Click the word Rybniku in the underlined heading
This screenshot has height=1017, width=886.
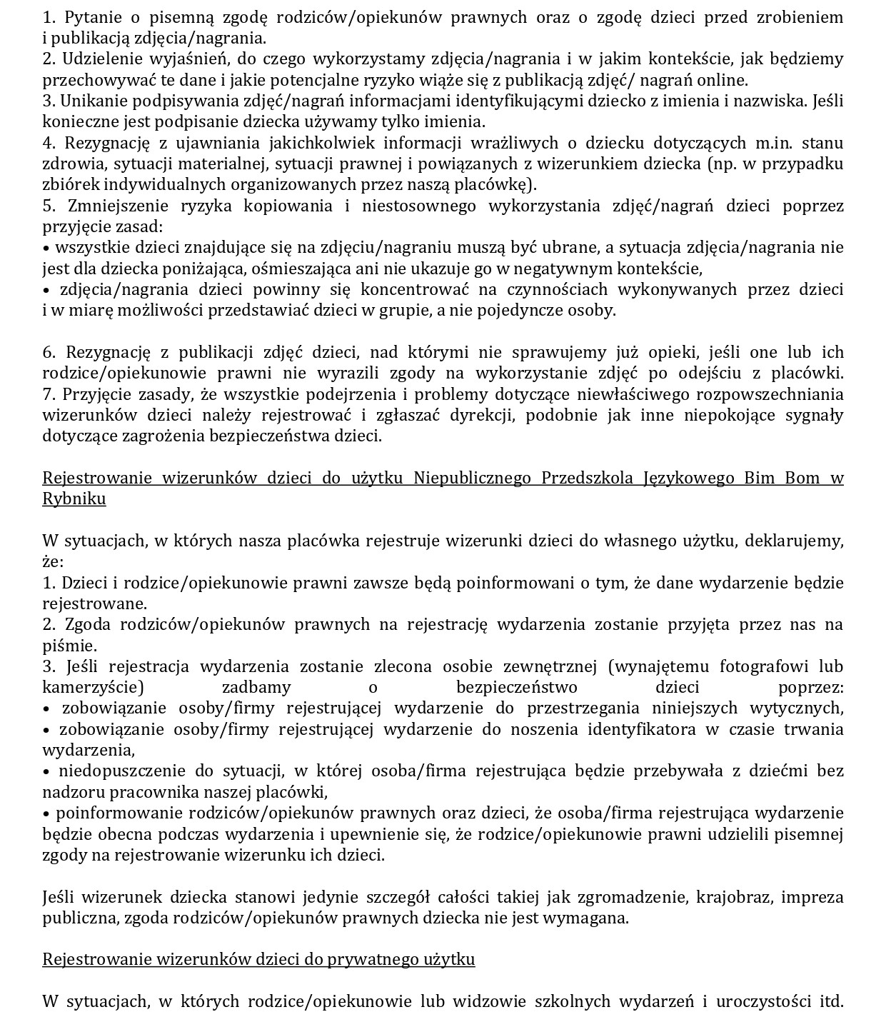pos(74,499)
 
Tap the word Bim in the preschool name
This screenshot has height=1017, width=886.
pos(742,478)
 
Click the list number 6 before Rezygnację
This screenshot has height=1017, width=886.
pos(49,352)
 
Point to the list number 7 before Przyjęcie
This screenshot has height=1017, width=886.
pos(48,394)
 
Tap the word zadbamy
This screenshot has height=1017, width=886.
pos(256,687)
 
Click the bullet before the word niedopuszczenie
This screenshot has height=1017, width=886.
pos(46,771)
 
